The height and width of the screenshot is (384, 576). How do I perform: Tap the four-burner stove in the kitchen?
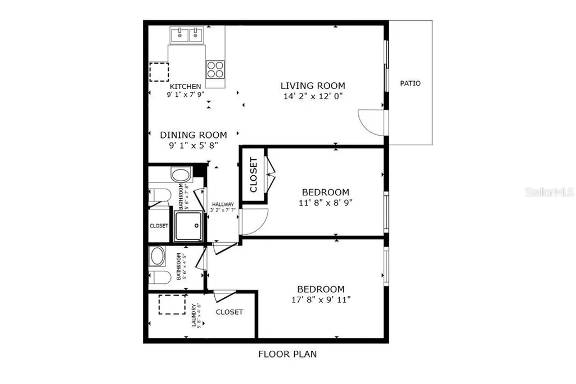(214, 69)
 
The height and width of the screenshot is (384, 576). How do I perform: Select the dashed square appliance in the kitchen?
(159, 73)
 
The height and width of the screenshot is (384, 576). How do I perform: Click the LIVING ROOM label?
(313, 86)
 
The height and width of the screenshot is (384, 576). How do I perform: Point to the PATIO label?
(410, 83)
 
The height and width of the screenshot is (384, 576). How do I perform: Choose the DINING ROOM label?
(193, 135)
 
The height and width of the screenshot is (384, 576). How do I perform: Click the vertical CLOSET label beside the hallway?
(253, 175)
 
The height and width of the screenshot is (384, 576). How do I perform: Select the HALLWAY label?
(223, 204)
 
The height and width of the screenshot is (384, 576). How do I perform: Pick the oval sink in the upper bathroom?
(181, 175)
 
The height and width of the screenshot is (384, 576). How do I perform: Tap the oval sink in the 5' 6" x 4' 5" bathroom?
(157, 257)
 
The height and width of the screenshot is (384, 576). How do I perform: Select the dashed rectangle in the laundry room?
(172, 305)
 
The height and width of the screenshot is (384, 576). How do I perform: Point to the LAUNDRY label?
(194, 315)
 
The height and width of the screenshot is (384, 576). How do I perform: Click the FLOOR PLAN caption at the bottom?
(287, 354)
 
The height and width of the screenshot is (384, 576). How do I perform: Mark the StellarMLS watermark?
(549, 192)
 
